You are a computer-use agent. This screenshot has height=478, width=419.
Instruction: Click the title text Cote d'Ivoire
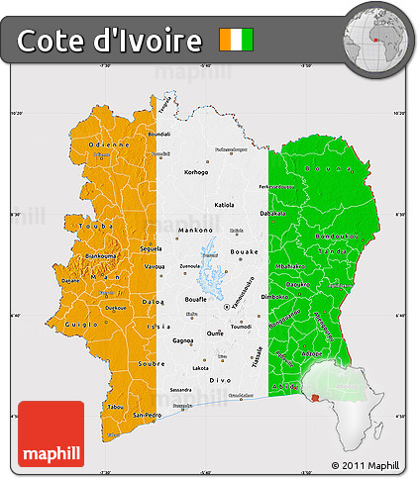point(109,41)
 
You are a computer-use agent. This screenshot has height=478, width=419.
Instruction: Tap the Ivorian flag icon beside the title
point(237,40)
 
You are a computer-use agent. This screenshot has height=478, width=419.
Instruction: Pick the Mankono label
point(194,230)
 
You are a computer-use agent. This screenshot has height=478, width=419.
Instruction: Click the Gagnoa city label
point(183,340)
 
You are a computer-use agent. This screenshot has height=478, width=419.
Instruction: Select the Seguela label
point(152,248)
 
